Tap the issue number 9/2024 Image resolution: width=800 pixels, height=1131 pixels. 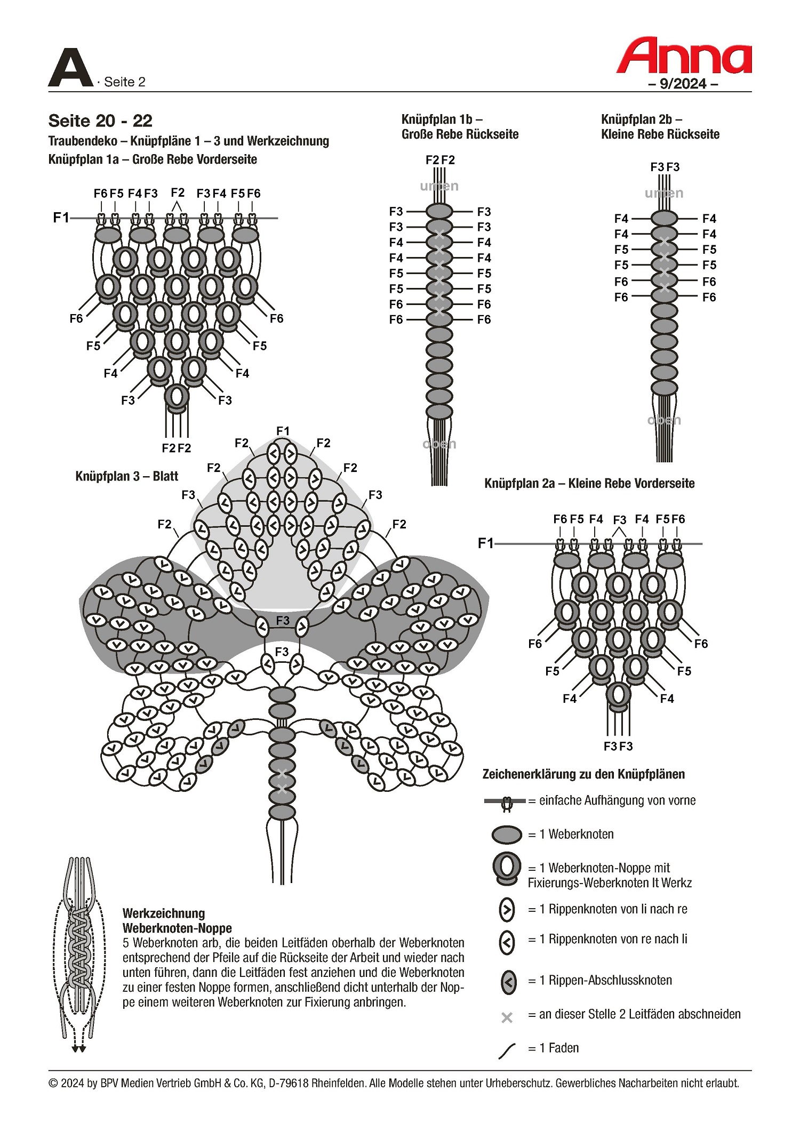click(x=683, y=84)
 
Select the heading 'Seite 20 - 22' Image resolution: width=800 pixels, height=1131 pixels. click(x=100, y=121)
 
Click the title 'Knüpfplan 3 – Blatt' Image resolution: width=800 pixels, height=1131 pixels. click(x=126, y=476)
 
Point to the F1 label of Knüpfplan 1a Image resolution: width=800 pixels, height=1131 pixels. click(x=61, y=218)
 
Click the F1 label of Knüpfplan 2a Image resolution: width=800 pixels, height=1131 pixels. click(x=485, y=543)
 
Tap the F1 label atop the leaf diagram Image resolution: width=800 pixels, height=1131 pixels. click(x=283, y=431)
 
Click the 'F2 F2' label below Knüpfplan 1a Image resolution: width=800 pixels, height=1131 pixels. click(x=177, y=448)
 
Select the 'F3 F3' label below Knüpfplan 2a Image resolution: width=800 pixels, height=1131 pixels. click(x=618, y=746)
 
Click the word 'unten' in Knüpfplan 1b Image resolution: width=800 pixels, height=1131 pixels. click(x=439, y=186)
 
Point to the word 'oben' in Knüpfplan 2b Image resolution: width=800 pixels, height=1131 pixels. click(x=664, y=420)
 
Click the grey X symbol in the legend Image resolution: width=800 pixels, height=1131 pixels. click(x=507, y=1018)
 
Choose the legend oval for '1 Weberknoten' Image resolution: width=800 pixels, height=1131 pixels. click(x=507, y=835)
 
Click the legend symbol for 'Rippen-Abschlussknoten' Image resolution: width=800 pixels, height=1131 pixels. click(x=509, y=981)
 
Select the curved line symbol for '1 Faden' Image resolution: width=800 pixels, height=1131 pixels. click(x=507, y=1051)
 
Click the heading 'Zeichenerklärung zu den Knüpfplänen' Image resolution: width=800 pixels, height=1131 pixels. click(x=583, y=774)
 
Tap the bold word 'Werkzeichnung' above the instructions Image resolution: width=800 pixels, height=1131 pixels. click(x=163, y=913)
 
